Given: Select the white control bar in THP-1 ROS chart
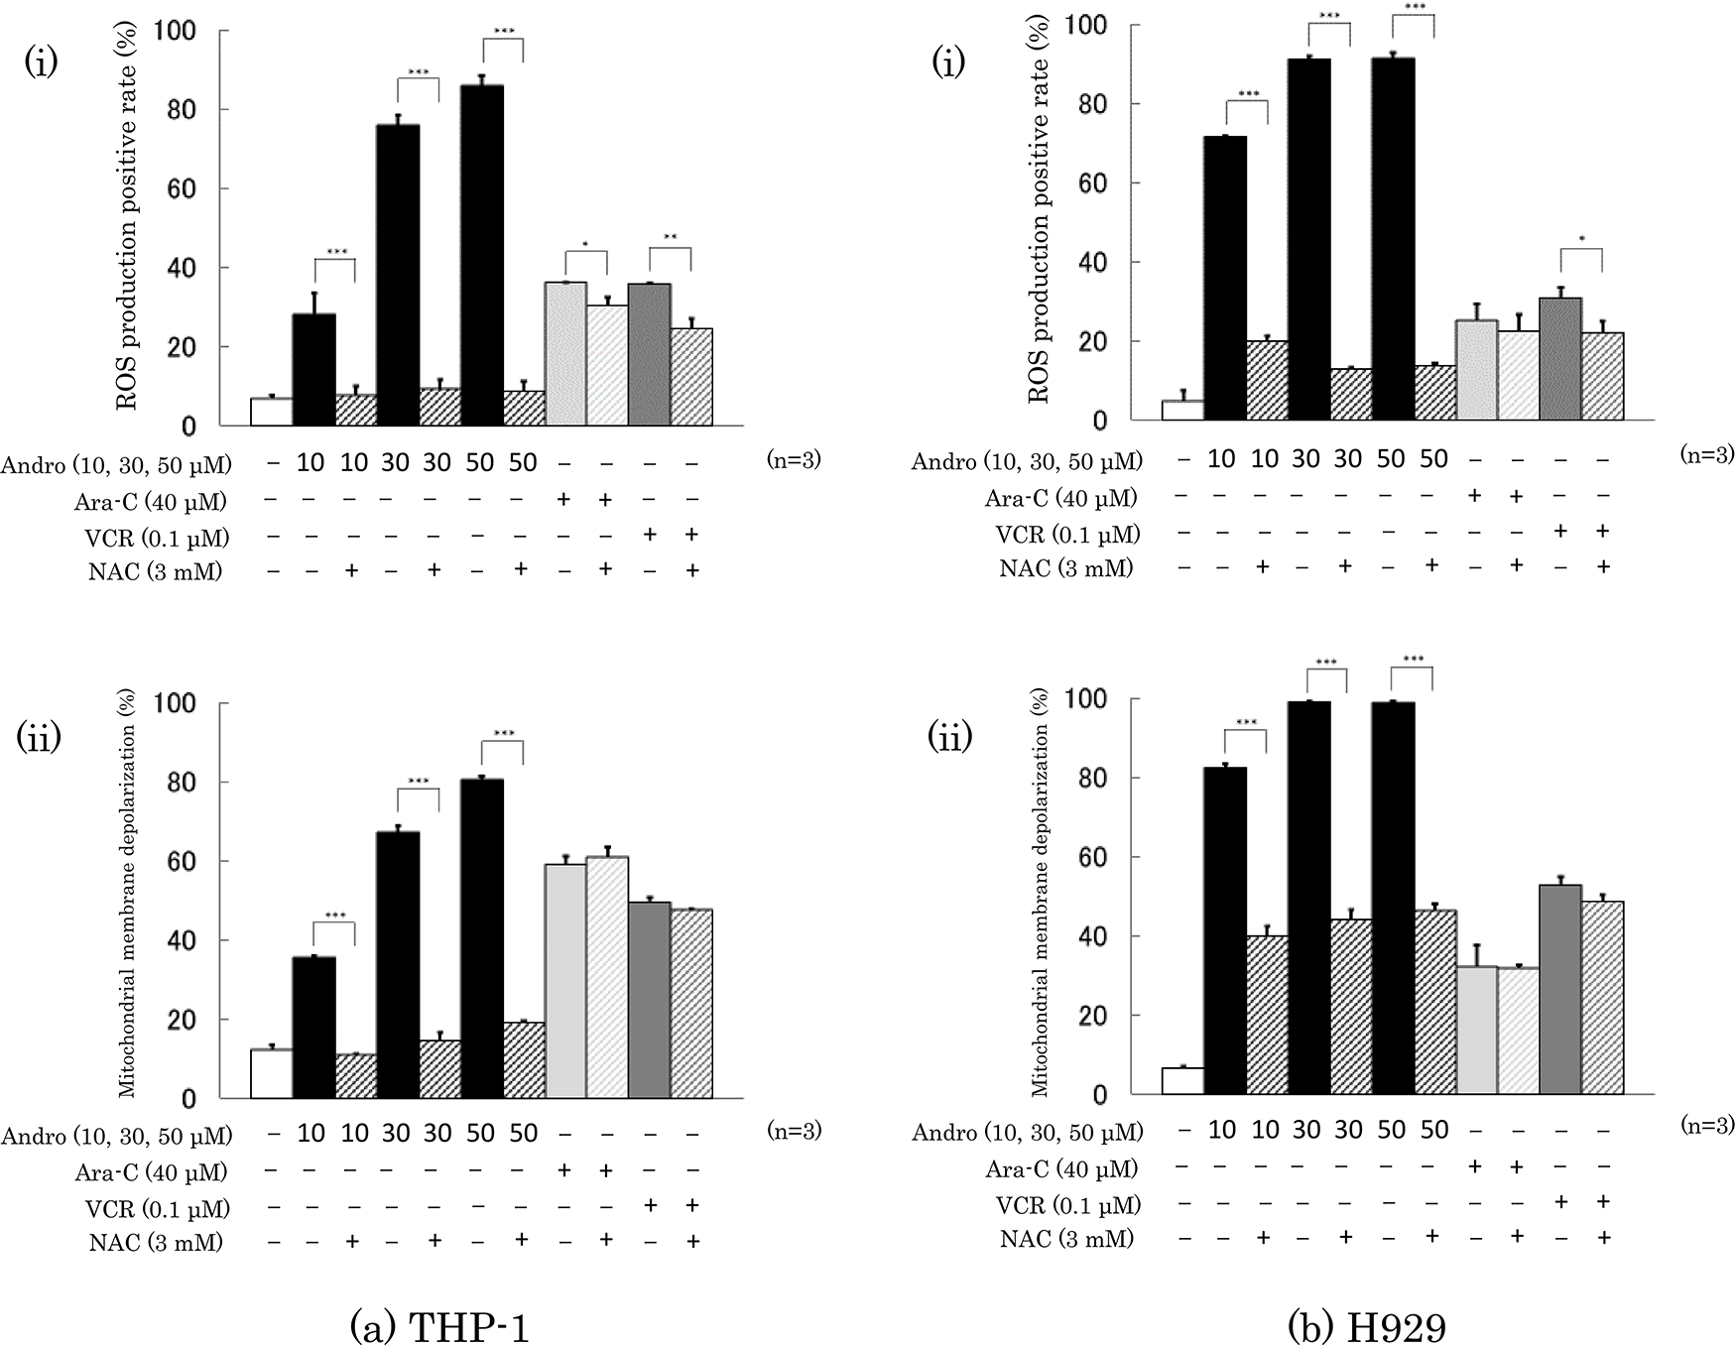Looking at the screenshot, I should (271, 412).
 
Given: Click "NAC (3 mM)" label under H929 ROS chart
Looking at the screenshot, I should (1065, 567).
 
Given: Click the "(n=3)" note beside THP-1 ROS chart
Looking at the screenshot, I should (794, 459).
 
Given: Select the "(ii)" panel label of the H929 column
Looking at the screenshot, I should (950, 737).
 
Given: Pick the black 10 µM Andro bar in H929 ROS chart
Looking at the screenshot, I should (1224, 278).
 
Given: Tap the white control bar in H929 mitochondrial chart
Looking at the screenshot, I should (1182, 1081).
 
